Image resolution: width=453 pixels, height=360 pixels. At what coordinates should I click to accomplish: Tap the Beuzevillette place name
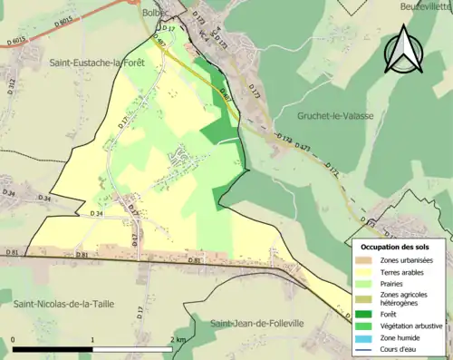click(x=425, y=7)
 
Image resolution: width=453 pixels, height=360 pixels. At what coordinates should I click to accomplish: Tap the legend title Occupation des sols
click(x=395, y=247)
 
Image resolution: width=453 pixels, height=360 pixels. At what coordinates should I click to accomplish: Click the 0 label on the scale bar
click(x=14, y=339)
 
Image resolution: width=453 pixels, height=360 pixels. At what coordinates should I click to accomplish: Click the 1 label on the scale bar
click(x=92, y=339)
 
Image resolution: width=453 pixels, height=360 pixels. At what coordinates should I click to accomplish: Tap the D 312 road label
click(x=12, y=86)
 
